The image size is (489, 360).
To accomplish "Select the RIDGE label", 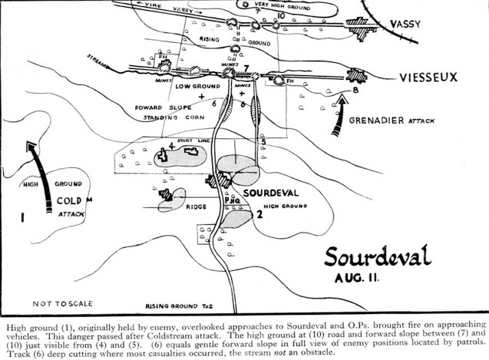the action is [x=197, y=207].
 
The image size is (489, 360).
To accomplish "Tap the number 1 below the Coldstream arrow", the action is [x=22, y=218].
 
